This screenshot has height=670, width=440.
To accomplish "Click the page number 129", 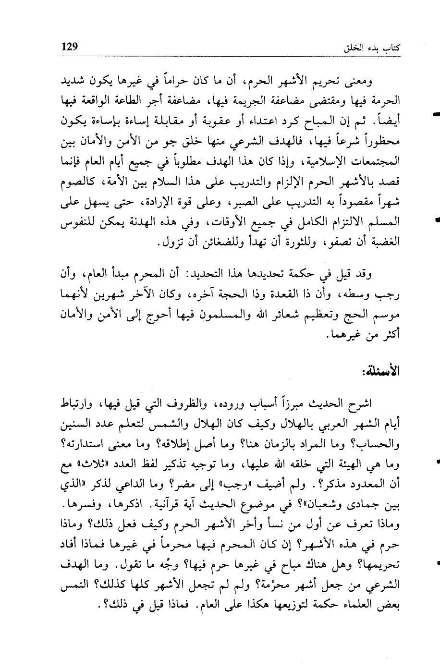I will click(x=70, y=47).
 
